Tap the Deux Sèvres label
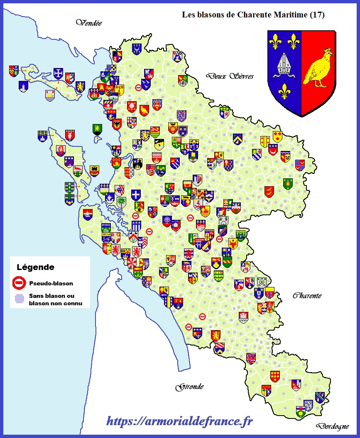click(230, 76)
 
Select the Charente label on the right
click(307, 296)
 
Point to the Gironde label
click(190, 387)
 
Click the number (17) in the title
click(317, 15)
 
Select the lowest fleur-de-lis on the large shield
click(284, 90)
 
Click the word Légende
click(35, 268)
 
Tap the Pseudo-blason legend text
click(51, 284)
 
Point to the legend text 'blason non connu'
click(56, 304)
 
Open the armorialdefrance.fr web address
click(179, 421)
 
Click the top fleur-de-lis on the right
click(294, 40)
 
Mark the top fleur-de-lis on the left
click(274, 40)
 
